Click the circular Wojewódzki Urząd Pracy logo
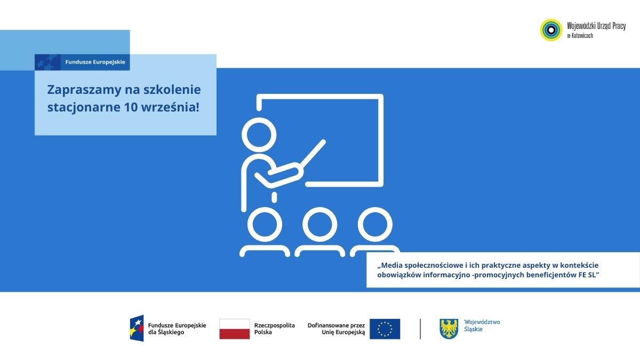tap(551, 30)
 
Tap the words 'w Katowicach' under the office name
tap(580, 36)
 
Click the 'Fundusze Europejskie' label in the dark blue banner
tap(95, 62)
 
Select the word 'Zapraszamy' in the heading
tap(84, 90)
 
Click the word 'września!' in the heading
tap(170, 107)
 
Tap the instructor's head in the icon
tap(259, 135)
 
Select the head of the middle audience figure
tap(319, 225)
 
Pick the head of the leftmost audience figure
tap(265, 225)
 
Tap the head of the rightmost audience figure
tap(375, 225)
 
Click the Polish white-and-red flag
tap(235, 329)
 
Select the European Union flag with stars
tap(385, 329)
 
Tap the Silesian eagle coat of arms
tap(449, 329)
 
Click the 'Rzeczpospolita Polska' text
tap(275, 329)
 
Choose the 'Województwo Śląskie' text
tap(482, 325)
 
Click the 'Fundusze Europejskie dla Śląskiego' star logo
tap(137, 329)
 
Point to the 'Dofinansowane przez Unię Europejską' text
tap(337, 329)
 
